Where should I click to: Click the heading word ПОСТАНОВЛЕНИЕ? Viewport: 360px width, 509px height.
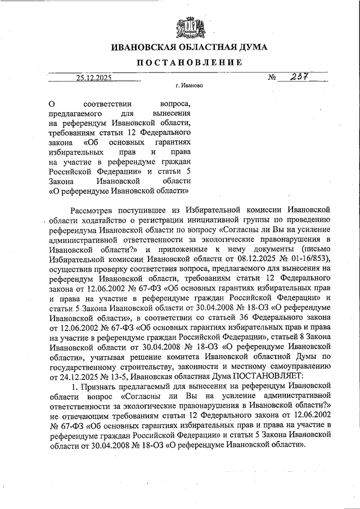188,62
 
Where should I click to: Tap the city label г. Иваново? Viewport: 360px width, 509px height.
189,87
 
